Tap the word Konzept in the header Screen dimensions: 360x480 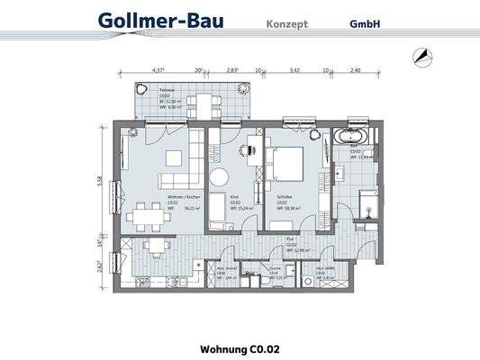[x=286, y=24]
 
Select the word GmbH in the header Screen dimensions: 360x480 [x=365, y=24]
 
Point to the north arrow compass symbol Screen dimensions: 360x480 [x=421, y=56]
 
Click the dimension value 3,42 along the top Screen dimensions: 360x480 [x=294, y=69]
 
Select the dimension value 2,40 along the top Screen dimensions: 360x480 [x=355, y=69]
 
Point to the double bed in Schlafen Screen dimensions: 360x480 [x=289, y=166]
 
